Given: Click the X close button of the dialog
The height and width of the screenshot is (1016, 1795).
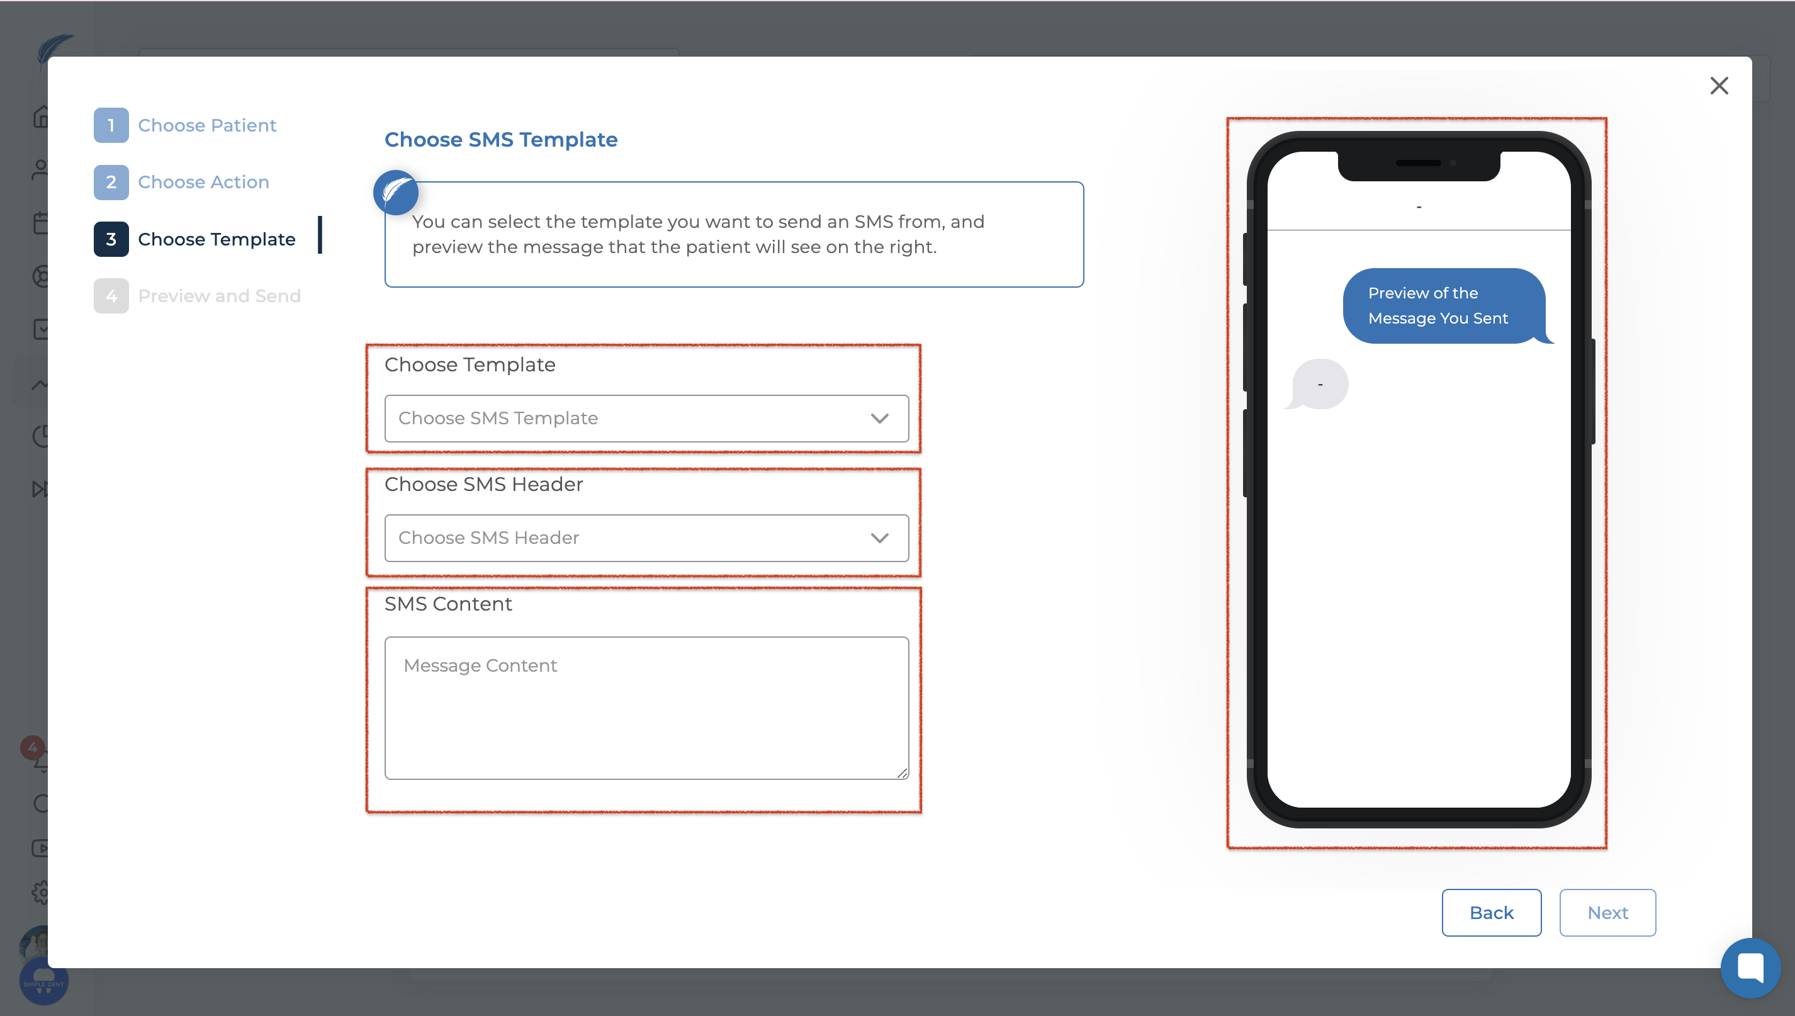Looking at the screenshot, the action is pos(1719,85).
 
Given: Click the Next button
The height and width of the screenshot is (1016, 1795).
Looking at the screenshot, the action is pos(1607,912).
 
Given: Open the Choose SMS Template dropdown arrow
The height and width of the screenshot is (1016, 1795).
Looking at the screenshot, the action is pos(879,418).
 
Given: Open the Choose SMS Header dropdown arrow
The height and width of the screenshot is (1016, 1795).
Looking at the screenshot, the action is pos(879,538).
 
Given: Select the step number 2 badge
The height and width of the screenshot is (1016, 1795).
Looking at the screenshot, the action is pos(111,182).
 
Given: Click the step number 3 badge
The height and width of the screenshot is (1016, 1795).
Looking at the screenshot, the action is pos(111,239).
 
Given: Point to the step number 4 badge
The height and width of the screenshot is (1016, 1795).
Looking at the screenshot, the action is pos(111,296).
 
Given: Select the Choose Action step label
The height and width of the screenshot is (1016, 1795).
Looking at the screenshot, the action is pos(204,182).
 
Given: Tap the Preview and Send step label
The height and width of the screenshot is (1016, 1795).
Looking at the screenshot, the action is pos(220,296).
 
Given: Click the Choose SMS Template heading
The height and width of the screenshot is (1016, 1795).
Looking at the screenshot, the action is pos(501,140).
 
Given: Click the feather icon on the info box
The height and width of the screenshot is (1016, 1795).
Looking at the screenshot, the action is pos(395,193).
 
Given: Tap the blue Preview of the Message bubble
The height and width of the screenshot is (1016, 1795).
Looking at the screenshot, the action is pos(1444,306).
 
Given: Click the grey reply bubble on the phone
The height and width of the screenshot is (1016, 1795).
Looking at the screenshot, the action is pos(1317,384).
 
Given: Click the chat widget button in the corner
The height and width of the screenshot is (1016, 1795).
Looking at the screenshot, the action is pos(1750,968).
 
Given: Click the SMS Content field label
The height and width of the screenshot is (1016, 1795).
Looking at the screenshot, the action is pos(449,604).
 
